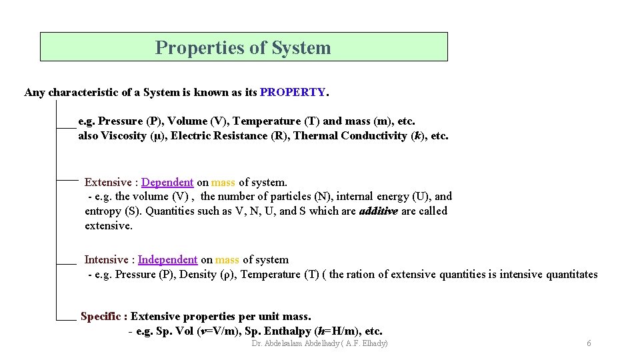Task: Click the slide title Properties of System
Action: pos(243,48)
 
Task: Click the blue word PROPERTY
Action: pos(293,92)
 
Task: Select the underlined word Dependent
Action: pos(167,182)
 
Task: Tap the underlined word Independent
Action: pos(167,259)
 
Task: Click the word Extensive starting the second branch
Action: pos(108,182)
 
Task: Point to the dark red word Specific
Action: pos(101,316)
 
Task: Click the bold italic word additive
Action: pos(379,211)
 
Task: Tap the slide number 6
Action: pos(589,343)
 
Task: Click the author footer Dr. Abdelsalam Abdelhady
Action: pos(320,343)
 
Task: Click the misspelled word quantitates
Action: pos(569,274)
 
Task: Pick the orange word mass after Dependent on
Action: pos(223,182)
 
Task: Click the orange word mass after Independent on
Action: pos(227,259)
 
